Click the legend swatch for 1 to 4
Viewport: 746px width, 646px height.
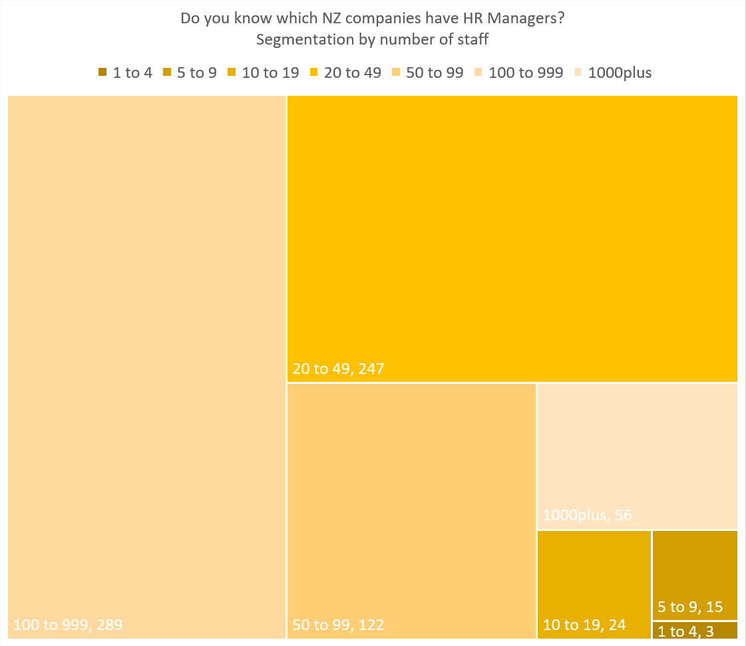[x=102, y=73]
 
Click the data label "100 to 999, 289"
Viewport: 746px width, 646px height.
[x=68, y=625]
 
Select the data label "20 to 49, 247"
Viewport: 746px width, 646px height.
[x=339, y=368]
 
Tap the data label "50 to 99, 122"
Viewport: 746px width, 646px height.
[x=339, y=625]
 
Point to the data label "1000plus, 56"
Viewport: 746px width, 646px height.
[x=588, y=515]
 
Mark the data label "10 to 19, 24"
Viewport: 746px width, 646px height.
[x=585, y=625]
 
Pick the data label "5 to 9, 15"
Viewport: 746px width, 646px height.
[x=690, y=607]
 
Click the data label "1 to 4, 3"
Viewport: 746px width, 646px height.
[x=686, y=631]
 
